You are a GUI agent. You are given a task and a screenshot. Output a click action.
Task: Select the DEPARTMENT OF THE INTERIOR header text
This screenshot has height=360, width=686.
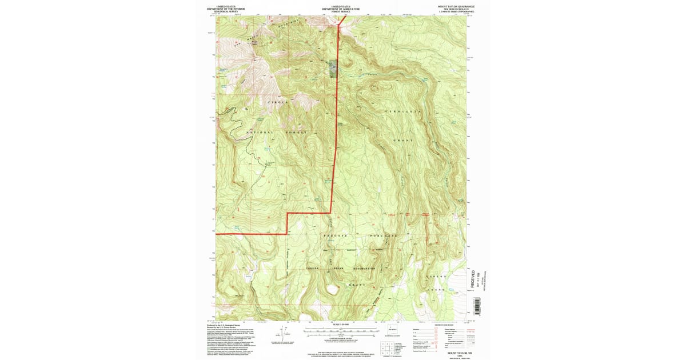[229, 9]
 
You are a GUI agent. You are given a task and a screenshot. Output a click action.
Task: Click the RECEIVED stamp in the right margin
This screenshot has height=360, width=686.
[473, 280]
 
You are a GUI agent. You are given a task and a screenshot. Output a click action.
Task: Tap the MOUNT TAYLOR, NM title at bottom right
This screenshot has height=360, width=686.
[455, 353]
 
